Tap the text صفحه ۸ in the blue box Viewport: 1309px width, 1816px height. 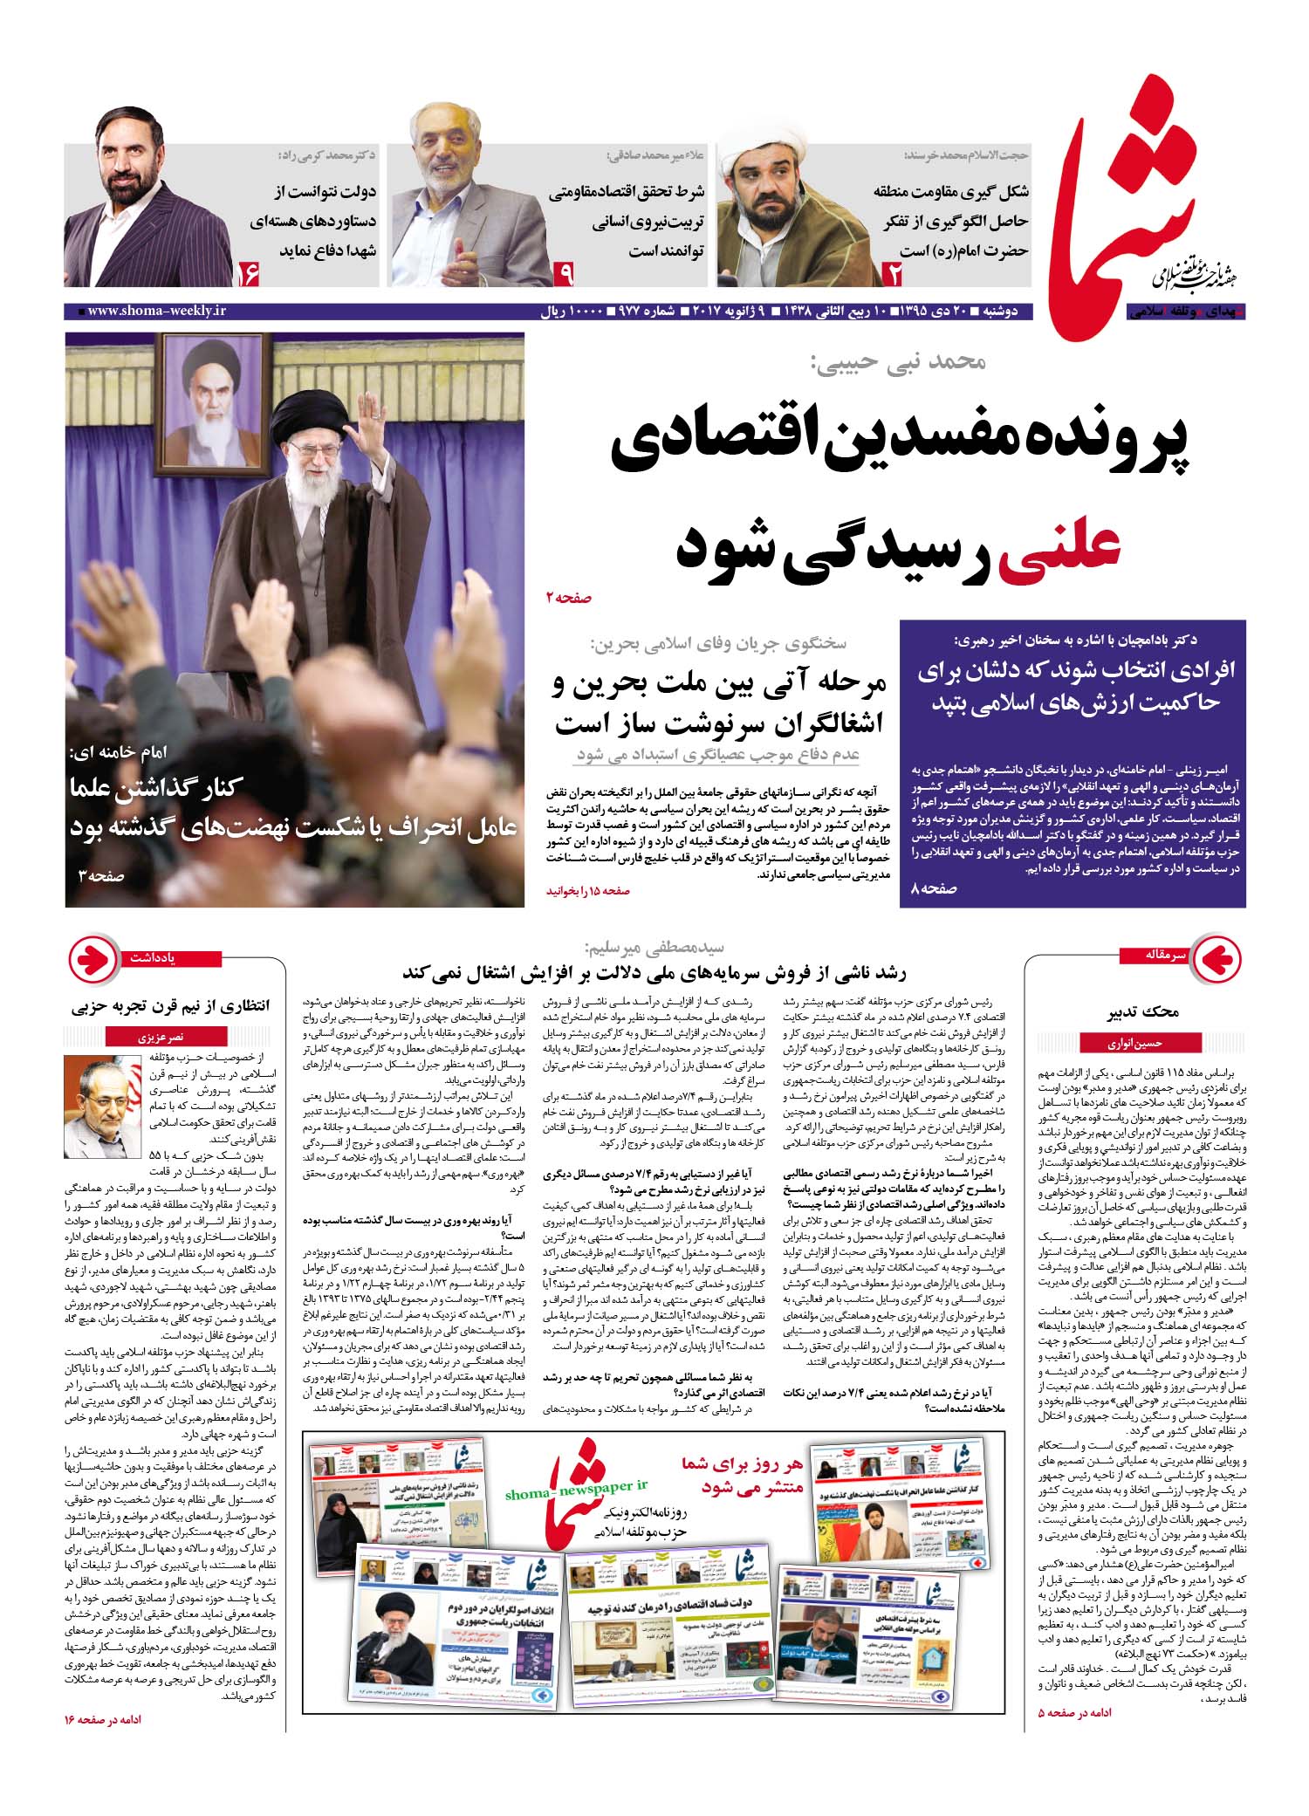tap(935, 888)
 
